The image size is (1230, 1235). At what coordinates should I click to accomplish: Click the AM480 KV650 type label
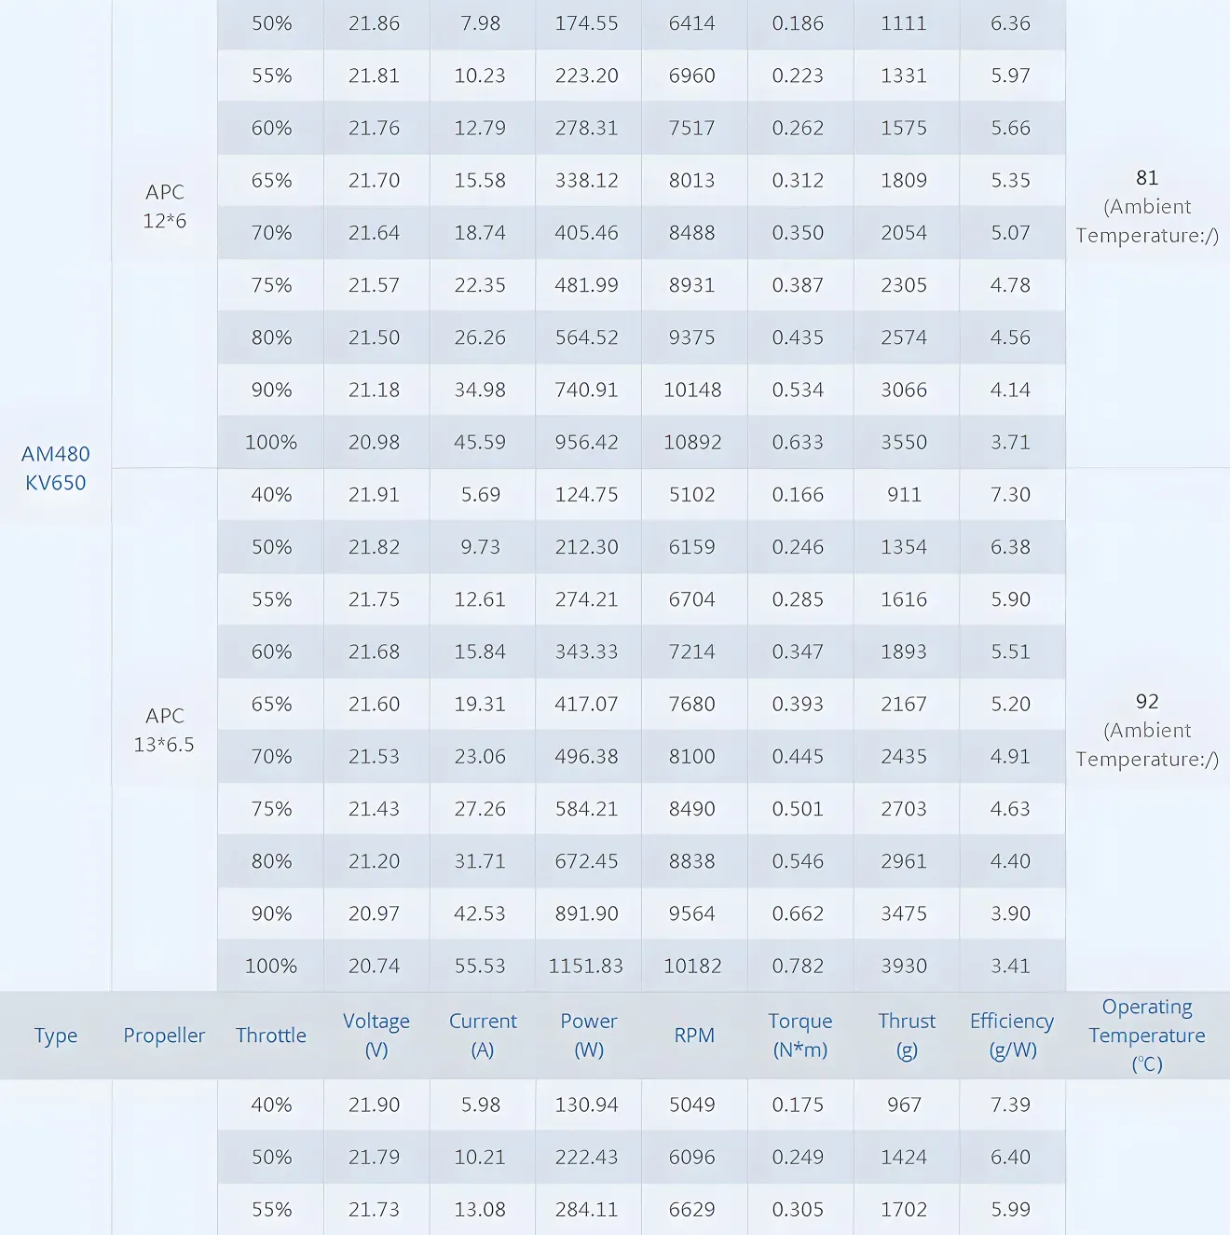click(56, 468)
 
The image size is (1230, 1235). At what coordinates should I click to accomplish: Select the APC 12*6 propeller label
click(164, 206)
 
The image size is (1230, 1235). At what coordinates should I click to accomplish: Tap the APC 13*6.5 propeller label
click(164, 730)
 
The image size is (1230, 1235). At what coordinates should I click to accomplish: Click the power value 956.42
click(586, 443)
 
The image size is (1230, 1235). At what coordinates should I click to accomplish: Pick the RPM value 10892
click(692, 443)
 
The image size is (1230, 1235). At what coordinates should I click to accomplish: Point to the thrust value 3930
click(904, 967)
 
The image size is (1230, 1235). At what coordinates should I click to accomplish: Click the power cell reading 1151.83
click(586, 967)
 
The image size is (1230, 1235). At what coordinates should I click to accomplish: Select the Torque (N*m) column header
click(799, 1036)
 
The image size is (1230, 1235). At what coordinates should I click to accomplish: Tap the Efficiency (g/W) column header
click(1011, 1036)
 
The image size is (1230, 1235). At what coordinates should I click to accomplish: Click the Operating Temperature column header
click(1147, 1036)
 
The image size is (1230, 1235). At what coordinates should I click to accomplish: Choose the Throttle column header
click(270, 1036)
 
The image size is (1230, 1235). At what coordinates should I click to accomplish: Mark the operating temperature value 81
click(1147, 178)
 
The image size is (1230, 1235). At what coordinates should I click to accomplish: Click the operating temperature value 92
click(1147, 702)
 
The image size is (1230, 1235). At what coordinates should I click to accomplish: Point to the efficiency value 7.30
click(1010, 495)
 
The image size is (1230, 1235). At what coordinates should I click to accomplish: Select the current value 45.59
click(480, 443)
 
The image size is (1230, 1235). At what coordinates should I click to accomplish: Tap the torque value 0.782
click(798, 967)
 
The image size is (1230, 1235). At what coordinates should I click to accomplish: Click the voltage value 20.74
click(374, 967)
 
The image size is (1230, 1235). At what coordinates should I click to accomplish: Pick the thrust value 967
click(904, 1105)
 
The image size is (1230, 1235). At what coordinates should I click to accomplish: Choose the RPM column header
click(694, 1036)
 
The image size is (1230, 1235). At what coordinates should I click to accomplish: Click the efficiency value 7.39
click(1010, 1105)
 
